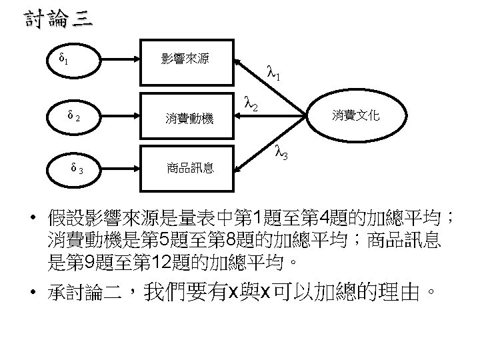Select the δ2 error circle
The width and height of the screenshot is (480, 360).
coord(73,118)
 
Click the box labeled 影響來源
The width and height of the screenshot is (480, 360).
coord(185,59)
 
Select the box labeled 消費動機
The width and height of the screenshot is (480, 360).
coord(189,119)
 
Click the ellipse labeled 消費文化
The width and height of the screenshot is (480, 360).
coord(356,116)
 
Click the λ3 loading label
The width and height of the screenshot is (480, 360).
coord(282,155)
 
